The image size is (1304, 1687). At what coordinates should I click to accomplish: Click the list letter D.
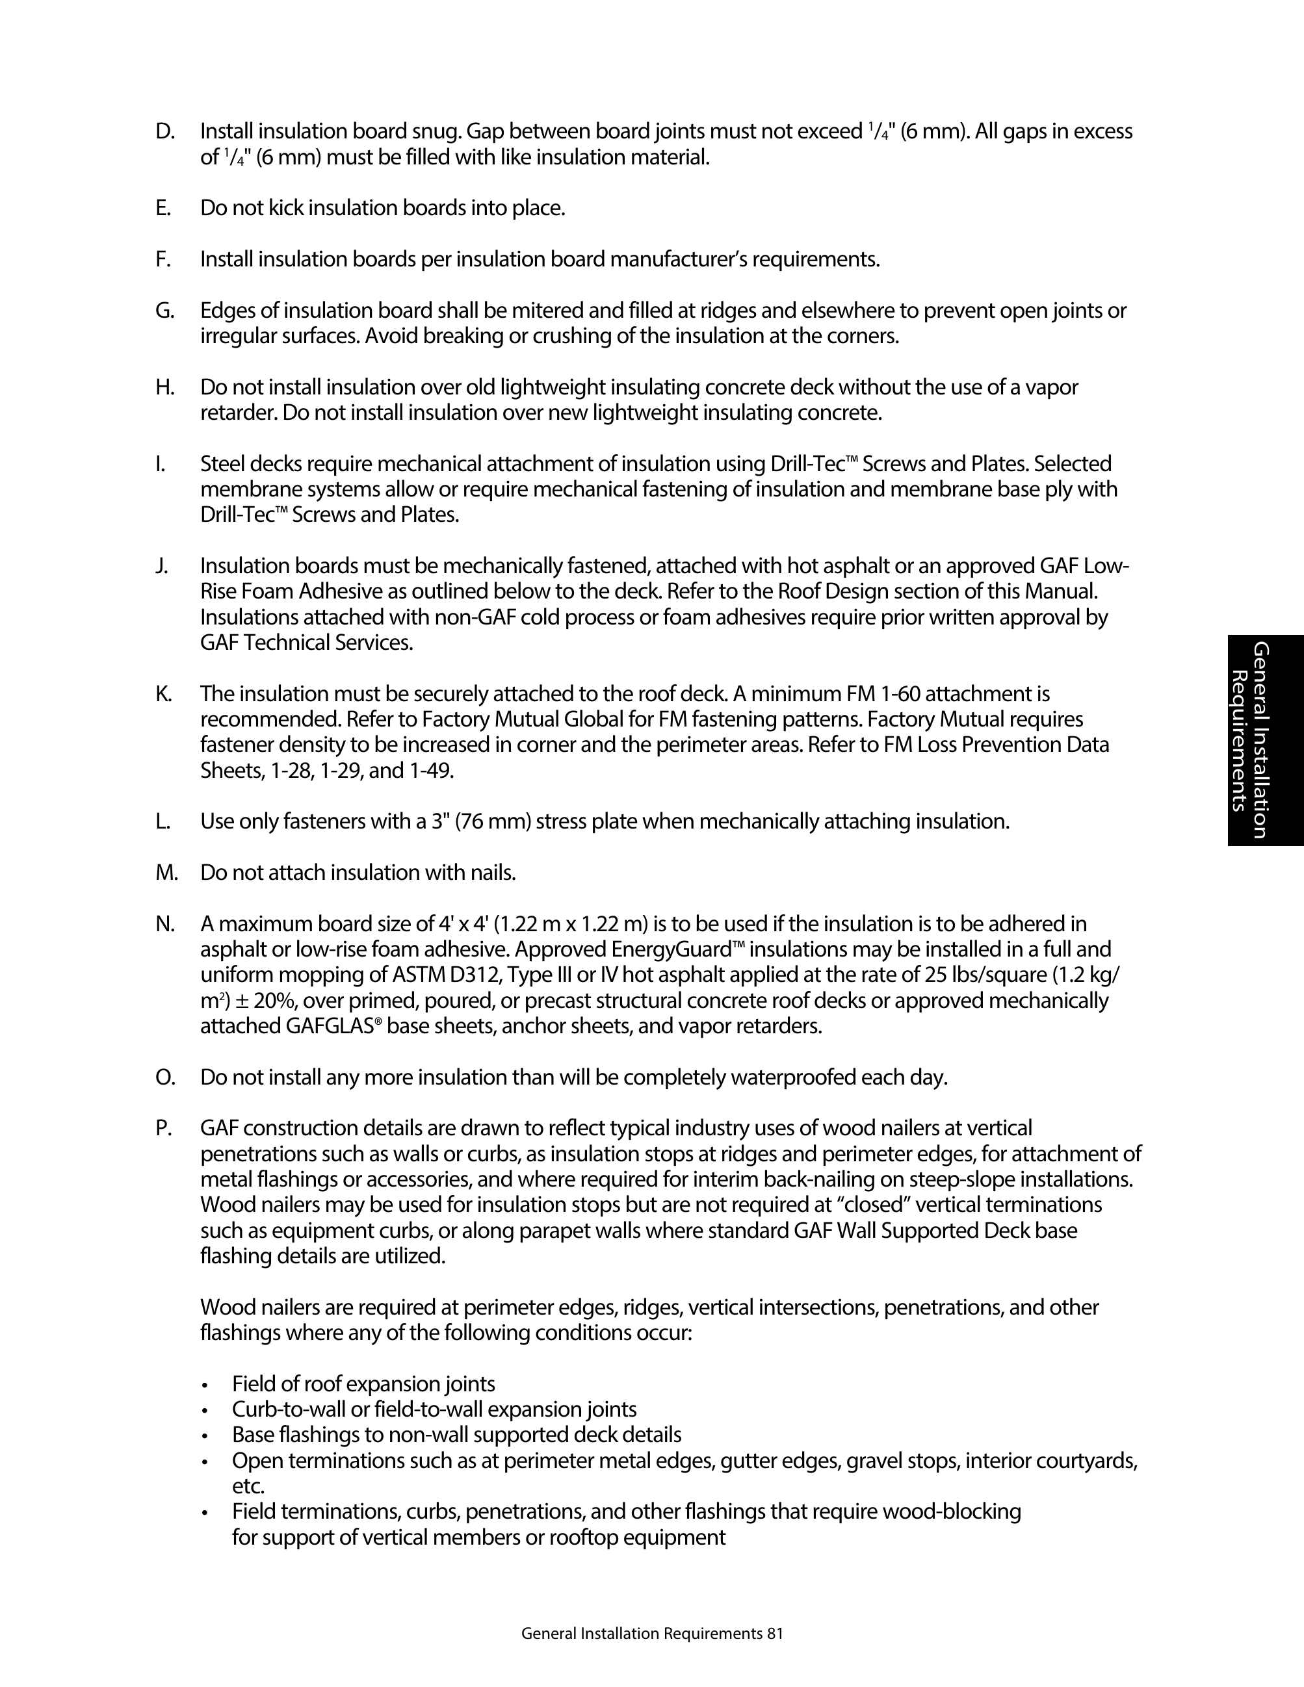click(x=164, y=132)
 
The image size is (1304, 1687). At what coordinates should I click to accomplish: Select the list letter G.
click(x=164, y=311)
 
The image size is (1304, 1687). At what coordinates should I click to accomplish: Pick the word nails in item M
click(x=492, y=873)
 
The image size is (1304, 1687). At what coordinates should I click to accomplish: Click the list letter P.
click(x=163, y=1129)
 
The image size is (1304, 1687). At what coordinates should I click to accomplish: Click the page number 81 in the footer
click(x=775, y=1634)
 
